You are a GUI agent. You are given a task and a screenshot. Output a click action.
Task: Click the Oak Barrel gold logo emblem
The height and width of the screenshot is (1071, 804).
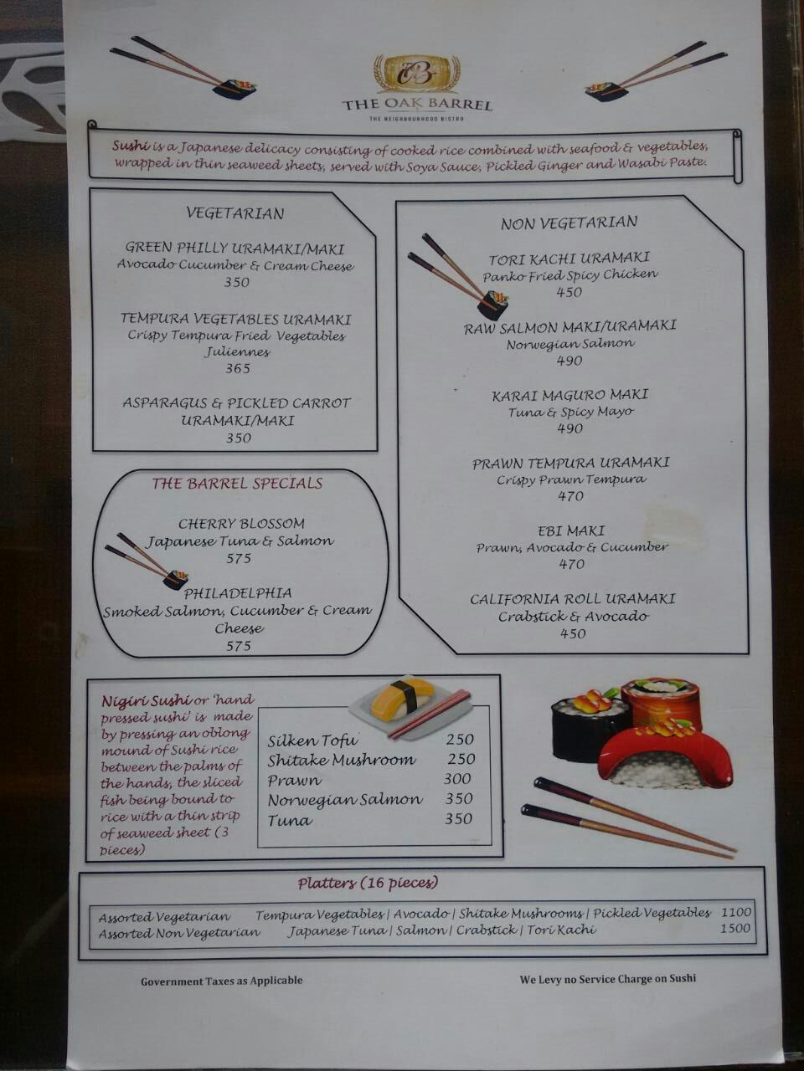tap(416, 73)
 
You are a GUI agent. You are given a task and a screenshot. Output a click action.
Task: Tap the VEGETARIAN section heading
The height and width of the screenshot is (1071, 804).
tap(234, 213)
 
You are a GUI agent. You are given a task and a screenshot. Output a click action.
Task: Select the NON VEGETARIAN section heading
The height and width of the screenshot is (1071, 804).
tap(569, 223)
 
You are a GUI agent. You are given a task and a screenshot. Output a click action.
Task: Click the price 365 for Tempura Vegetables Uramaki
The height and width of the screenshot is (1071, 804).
tap(238, 368)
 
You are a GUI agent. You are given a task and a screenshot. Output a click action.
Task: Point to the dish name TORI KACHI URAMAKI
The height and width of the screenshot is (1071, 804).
tap(569, 258)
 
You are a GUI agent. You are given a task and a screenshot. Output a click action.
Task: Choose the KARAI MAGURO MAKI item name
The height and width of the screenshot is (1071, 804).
tap(569, 395)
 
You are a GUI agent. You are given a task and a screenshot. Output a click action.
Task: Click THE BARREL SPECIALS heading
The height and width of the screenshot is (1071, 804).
tap(237, 484)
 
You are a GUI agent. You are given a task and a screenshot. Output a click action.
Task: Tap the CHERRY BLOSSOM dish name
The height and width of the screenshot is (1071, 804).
tap(241, 524)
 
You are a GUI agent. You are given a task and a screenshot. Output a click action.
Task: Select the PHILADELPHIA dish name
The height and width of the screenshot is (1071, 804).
tap(238, 593)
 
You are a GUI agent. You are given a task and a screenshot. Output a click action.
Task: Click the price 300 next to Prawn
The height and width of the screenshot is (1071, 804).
tap(457, 779)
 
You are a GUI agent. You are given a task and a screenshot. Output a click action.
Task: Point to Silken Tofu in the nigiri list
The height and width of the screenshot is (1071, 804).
tap(312, 740)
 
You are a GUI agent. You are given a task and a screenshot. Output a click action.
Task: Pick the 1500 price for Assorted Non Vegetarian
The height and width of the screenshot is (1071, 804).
tap(735, 928)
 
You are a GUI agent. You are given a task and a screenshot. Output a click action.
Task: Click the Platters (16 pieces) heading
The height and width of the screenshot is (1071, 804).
tap(368, 883)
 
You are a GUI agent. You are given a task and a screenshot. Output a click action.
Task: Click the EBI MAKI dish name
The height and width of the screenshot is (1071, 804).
tap(571, 530)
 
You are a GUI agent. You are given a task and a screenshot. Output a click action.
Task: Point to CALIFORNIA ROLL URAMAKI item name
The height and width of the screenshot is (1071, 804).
tap(573, 599)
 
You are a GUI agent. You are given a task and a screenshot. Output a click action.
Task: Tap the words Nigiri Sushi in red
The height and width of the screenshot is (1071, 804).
tap(146, 701)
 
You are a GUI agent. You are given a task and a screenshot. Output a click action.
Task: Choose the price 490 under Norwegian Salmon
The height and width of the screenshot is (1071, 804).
tap(569, 361)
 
